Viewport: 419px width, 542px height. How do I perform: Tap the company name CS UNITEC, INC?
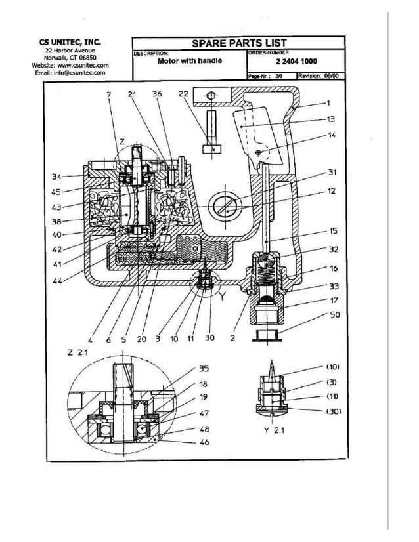70,42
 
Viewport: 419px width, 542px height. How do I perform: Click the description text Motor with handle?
190,60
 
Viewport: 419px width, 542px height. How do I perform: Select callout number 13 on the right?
331,119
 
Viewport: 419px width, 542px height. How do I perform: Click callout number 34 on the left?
57,176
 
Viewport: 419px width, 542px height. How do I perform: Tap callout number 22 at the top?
183,94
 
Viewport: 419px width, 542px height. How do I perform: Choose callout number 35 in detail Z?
204,368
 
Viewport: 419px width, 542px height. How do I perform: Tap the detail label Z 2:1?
77,352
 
